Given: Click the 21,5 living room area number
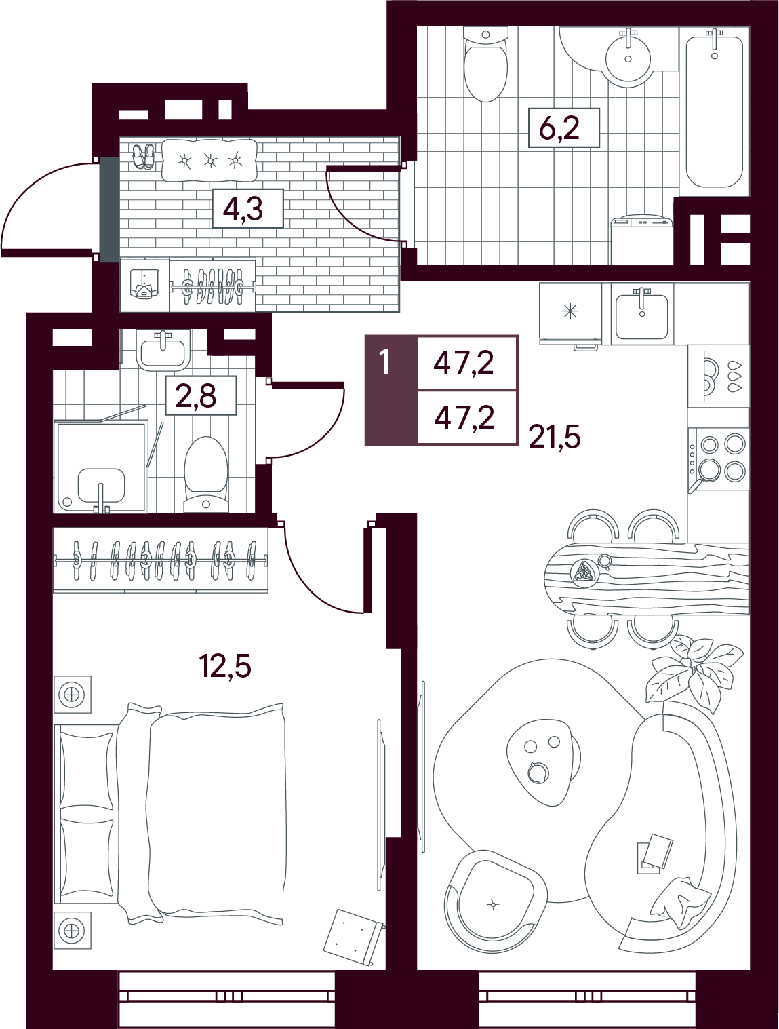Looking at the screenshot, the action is [555, 438].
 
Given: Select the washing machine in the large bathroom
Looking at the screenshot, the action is [642, 240].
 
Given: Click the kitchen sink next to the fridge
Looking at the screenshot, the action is [642, 313].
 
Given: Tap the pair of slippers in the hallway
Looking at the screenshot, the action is [142, 155].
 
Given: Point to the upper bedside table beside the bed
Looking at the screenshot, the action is [72, 695].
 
